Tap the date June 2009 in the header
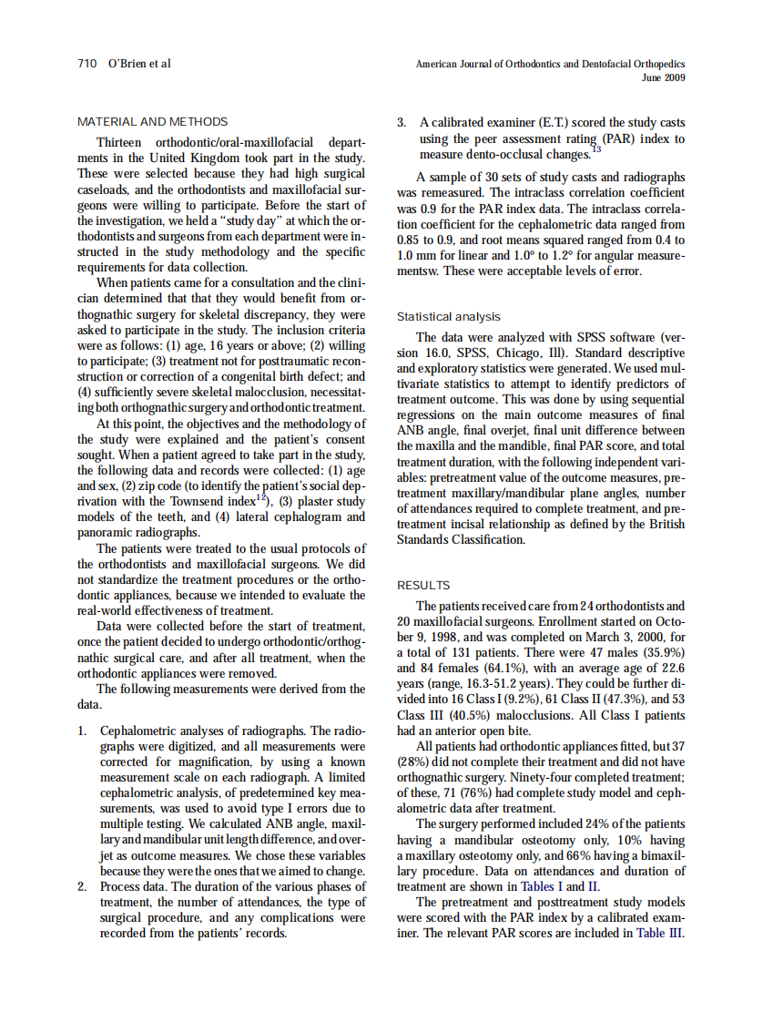[663, 77]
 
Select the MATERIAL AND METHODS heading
[153, 121]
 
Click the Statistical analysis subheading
[449, 317]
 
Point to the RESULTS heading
[423, 586]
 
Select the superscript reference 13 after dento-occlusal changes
[596, 148]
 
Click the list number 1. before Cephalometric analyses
[83, 731]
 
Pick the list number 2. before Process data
[83, 884]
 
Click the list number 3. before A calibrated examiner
[402, 122]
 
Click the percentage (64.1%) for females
[495, 668]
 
